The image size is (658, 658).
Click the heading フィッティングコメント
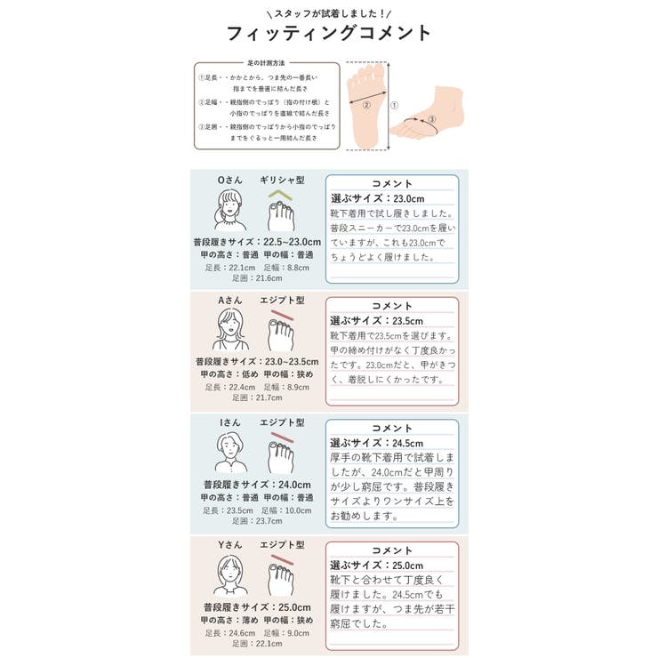click(329, 35)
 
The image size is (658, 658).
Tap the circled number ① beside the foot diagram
click(394, 105)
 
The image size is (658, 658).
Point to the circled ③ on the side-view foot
click(432, 118)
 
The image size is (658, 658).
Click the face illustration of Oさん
click(229, 211)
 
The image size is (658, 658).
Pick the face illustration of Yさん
click(229, 575)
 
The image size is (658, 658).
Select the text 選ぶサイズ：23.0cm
click(377, 198)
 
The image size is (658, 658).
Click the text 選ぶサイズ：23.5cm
click(377, 320)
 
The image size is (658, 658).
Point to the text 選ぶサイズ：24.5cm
click(377, 442)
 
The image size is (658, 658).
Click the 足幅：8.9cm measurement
click(286, 387)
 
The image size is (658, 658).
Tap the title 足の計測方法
click(268, 63)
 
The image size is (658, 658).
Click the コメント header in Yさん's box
click(392, 550)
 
